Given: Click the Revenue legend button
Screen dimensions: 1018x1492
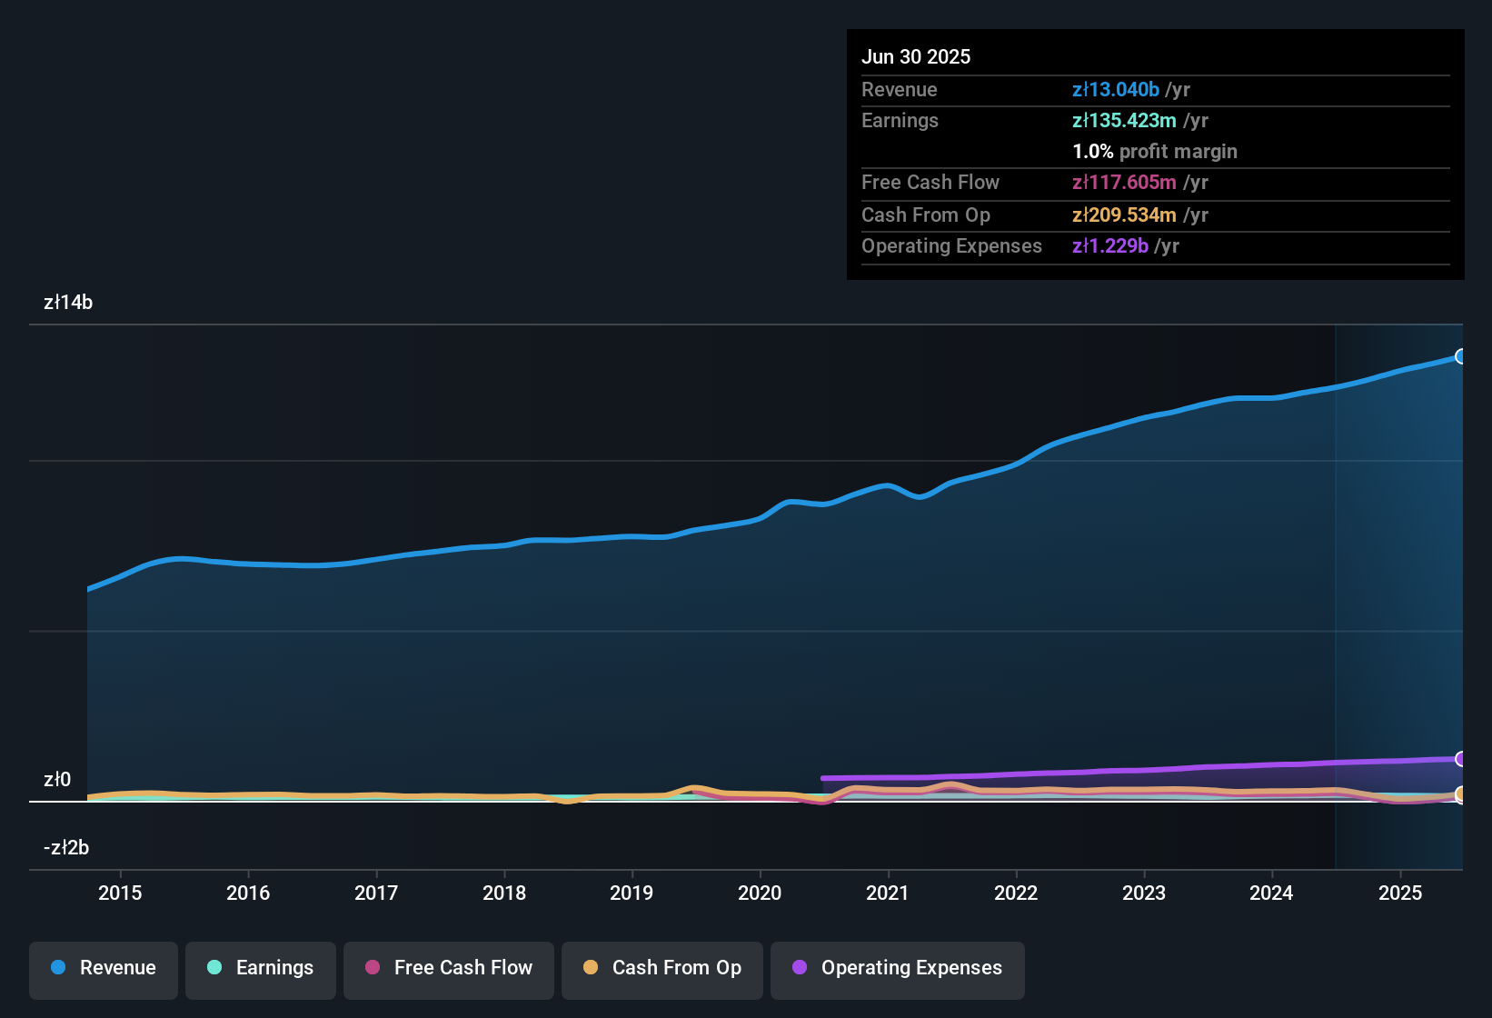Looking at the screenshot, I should click(x=104, y=968).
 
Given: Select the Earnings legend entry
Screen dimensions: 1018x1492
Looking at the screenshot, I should click(x=261, y=968).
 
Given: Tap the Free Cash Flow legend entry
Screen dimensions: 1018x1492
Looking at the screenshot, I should click(x=449, y=968).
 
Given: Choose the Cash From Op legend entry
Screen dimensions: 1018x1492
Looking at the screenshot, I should click(x=662, y=968).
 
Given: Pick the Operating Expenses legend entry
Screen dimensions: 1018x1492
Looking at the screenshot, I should click(x=898, y=968).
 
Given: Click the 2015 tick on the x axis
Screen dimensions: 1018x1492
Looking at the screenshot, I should click(x=120, y=893).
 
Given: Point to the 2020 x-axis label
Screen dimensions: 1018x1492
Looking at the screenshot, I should click(x=760, y=893).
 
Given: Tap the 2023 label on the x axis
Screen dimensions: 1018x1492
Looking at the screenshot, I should click(x=1144, y=893).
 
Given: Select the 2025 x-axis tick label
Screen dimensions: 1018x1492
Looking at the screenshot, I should click(x=1400, y=893).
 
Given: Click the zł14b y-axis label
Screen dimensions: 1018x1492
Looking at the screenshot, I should click(x=68, y=303).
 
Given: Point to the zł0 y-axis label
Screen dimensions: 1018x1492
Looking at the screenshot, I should click(x=57, y=780).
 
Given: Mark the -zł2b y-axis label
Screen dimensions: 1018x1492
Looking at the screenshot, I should click(x=66, y=848).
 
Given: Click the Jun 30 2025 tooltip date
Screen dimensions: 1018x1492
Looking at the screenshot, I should click(x=916, y=56).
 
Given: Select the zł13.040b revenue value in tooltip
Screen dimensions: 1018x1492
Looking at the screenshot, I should click(x=1116, y=90).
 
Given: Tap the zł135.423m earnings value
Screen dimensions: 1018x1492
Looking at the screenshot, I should click(x=1124, y=121).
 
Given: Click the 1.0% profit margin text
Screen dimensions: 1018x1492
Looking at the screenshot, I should click(x=1155, y=152).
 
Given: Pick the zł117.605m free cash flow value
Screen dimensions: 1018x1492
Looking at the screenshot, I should click(x=1124, y=183).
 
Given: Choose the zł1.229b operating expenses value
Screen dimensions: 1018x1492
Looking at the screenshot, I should click(x=1110, y=246).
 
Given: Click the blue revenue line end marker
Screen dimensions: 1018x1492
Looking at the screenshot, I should click(x=1461, y=356).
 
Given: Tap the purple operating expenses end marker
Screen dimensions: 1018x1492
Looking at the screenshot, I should click(x=1461, y=759).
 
